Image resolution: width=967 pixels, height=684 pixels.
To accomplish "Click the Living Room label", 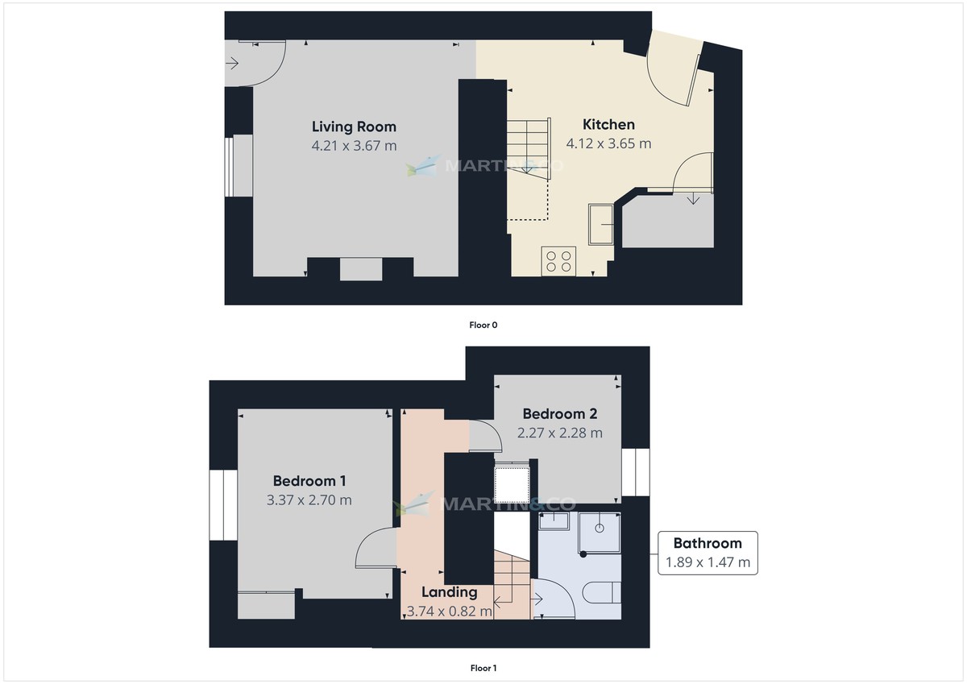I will (354, 126).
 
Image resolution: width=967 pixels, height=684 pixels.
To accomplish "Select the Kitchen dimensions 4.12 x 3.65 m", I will (608, 144).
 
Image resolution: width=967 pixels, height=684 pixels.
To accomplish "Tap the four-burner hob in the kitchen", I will (559, 260).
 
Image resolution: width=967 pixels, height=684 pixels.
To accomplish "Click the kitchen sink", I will (601, 223).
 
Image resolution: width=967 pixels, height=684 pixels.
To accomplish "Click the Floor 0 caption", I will (483, 325).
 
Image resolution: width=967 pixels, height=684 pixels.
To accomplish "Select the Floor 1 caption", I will (483, 668).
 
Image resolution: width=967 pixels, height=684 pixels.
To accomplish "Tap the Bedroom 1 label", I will (309, 481).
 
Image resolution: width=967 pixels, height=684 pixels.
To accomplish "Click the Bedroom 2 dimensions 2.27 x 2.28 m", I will (560, 433).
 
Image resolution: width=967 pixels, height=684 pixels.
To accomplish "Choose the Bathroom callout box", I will (708, 553).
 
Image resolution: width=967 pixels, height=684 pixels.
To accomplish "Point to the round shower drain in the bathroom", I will (600, 528).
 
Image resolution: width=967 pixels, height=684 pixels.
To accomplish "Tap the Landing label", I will (450, 592).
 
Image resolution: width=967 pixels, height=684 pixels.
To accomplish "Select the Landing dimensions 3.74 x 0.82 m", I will (450, 611).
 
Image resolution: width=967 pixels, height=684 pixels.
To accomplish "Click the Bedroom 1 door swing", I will (372, 550).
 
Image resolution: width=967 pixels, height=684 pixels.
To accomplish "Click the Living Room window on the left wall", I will (228, 167).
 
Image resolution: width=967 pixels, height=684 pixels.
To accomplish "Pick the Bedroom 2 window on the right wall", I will (635, 472).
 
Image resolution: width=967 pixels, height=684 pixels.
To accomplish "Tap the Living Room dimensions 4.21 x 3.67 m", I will (354, 146).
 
